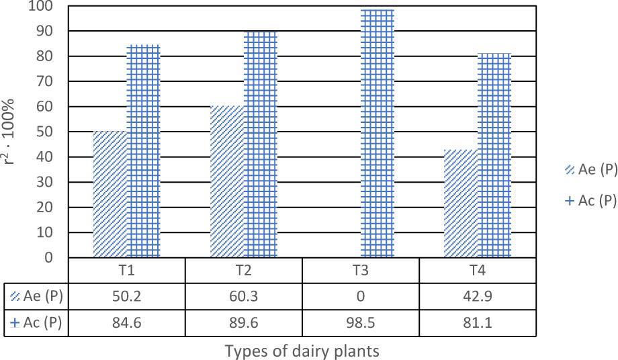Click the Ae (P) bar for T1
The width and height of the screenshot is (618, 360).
click(x=110, y=194)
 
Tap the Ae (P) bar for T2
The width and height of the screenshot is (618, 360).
click(x=227, y=181)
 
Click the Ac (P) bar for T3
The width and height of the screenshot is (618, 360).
click(x=378, y=134)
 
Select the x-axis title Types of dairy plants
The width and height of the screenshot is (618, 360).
click(x=302, y=351)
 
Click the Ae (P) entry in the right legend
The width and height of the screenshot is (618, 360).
click(x=591, y=170)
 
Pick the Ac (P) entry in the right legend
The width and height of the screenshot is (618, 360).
click(x=591, y=200)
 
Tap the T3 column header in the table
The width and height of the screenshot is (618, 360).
click(x=361, y=271)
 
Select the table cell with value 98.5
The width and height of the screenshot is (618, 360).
click(x=361, y=323)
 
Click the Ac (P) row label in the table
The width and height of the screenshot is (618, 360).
click(x=36, y=323)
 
